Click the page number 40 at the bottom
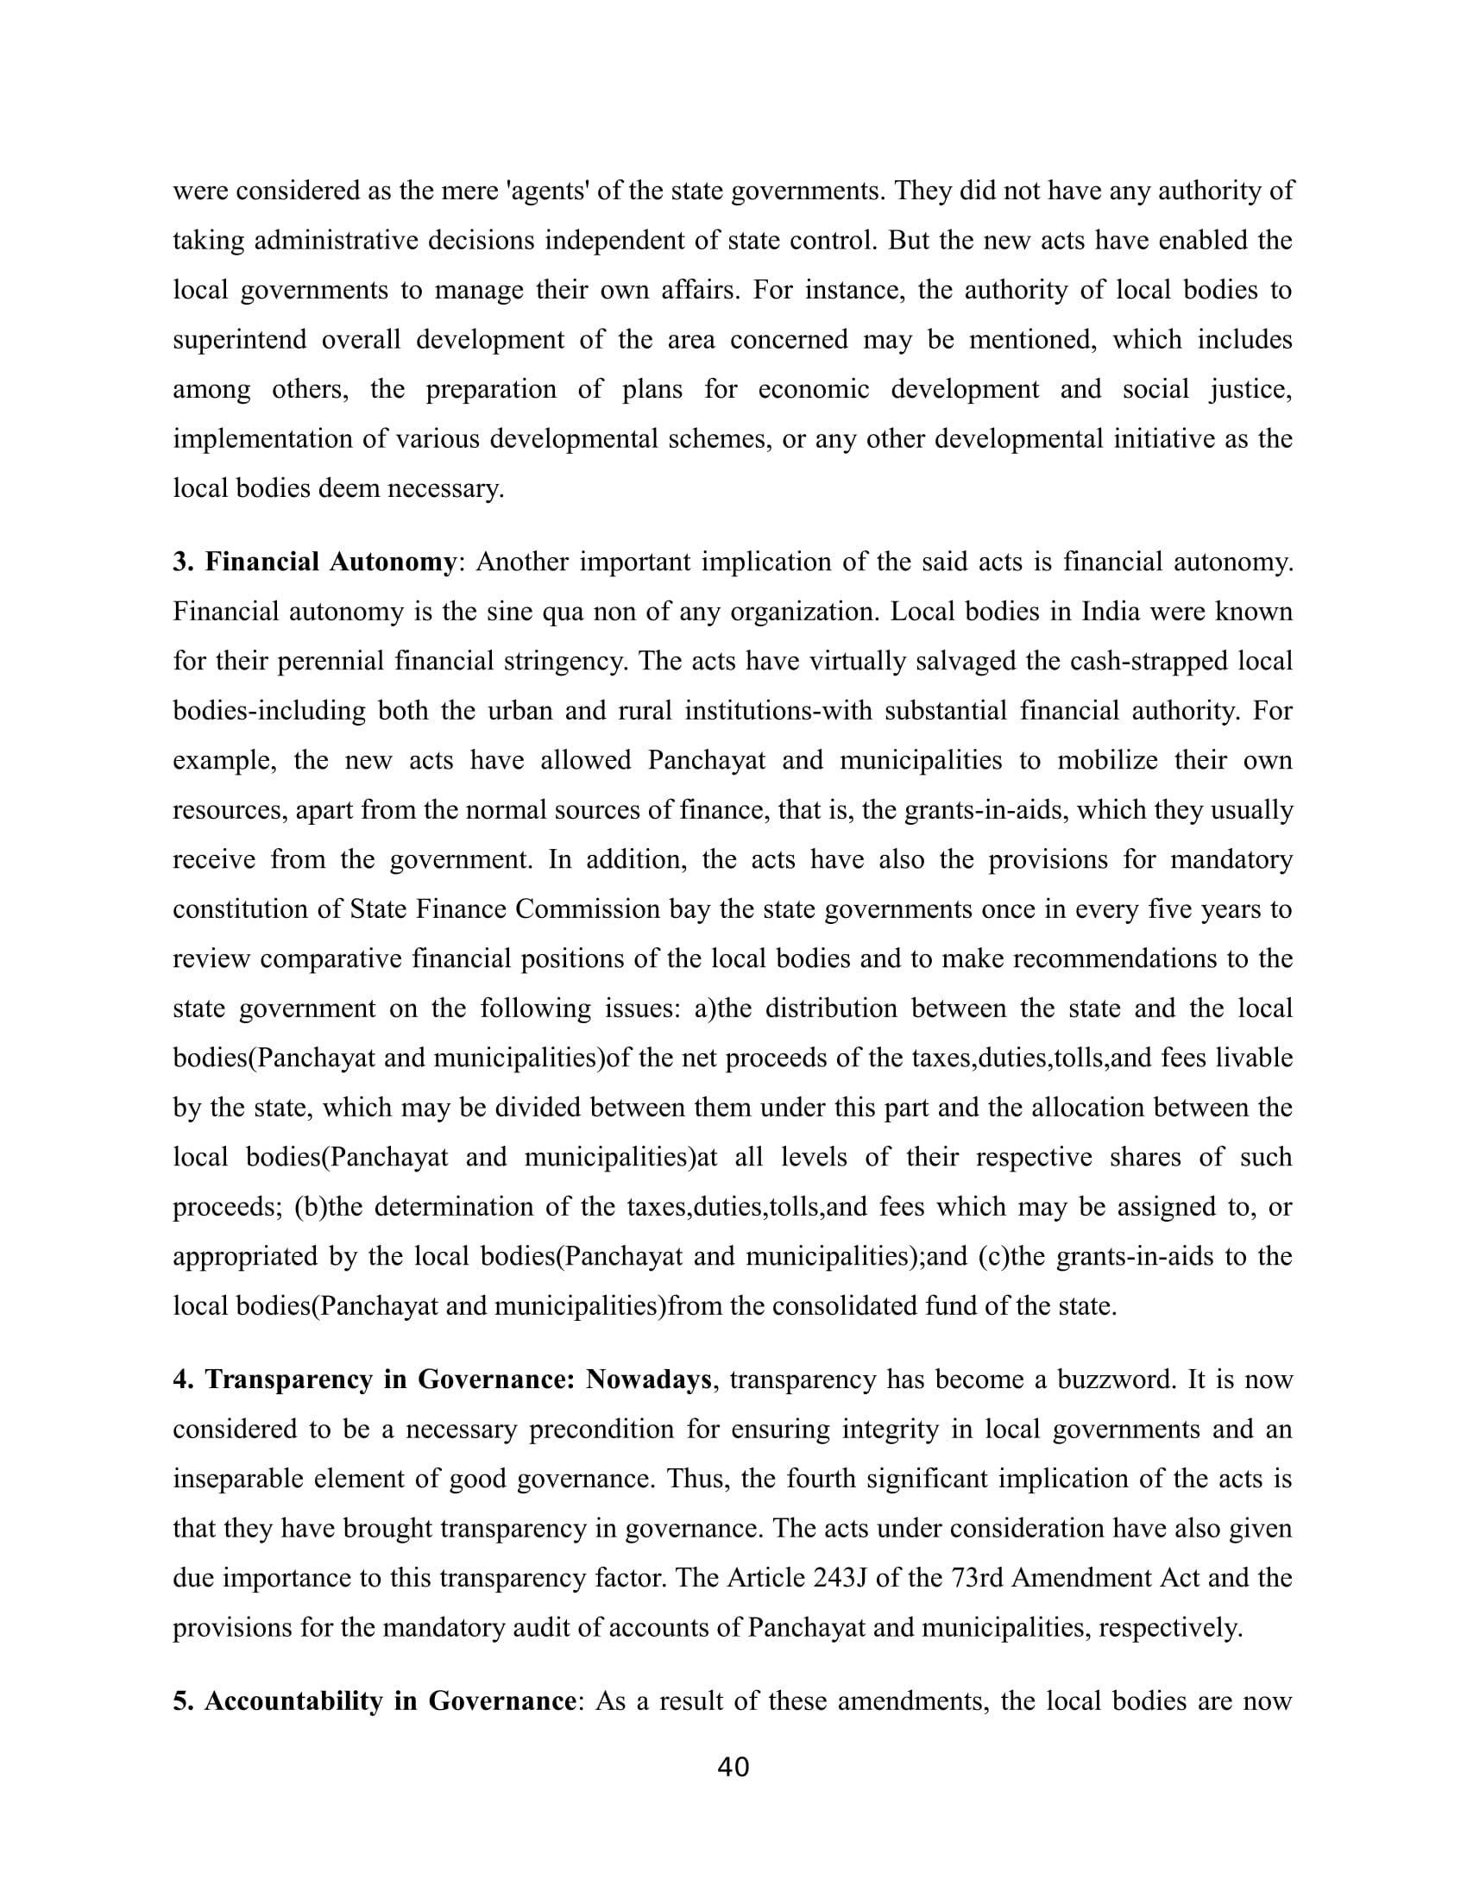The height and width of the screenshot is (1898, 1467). (733, 1767)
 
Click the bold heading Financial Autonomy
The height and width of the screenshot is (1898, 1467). (330, 562)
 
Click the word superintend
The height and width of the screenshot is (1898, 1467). (239, 339)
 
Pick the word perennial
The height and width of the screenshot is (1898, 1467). (331, 662)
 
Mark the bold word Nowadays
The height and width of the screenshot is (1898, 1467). (648, 1380)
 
